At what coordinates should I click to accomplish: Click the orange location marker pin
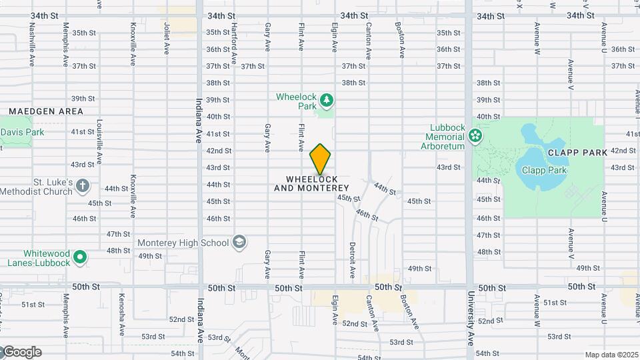pyautogui.click(x=321, y=159)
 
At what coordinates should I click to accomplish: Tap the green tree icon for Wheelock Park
pyautogui.click(x=326, y=101)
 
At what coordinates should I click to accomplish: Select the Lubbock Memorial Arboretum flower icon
pyautogui.click(x=475, y=137)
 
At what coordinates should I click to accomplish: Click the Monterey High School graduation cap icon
pyautogui.click(x=239, y=243)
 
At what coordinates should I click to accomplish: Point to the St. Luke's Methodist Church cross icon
pyautogui.click(x=82, y=185)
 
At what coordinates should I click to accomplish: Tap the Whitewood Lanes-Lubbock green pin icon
pyautogui.click(x=80, y=257)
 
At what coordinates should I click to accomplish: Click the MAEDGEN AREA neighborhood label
pyautogui.click(x=46, y=111)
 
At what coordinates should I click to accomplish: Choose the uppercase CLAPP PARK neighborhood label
pyautogui.click(x=577, y=153)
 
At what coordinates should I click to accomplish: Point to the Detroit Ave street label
pyautogui.click(x=351, y=261)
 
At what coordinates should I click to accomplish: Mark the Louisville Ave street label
pyautogui.click(x=99, y=142)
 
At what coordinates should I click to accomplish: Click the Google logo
pyautogui.click(x=23, y=352)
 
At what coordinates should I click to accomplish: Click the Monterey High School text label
pyautogui.click(x=183, y=243)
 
